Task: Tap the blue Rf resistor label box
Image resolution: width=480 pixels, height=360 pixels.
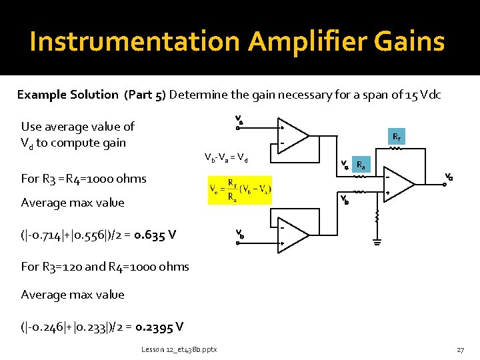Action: [396, 138]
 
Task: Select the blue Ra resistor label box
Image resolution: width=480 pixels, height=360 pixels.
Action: [361, 165]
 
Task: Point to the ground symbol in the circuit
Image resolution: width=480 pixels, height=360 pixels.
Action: [377, 243]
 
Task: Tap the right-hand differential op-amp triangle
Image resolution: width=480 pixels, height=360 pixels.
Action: [406, 185]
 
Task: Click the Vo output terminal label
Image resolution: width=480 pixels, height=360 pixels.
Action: [449, 177]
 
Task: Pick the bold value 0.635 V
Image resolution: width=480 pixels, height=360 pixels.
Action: [155, 234]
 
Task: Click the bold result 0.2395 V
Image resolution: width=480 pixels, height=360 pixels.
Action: [159, 327]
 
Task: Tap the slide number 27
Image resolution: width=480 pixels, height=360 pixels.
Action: [460, 349]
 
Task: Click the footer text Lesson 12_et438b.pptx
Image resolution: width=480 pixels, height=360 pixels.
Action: [178, 349]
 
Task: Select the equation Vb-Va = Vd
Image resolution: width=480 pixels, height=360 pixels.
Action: [226, 158]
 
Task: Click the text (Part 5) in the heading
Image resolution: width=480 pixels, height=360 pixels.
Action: [145, 95]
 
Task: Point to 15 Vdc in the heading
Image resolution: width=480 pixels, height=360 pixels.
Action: [423, 95]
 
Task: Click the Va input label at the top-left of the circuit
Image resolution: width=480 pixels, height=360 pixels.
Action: [239, 121]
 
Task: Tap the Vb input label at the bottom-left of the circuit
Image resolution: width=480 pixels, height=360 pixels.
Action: [240, 234]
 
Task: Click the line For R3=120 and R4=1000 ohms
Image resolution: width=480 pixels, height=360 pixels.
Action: [105, 267]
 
